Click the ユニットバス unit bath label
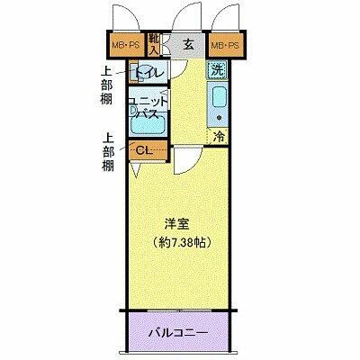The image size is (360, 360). point(147,107)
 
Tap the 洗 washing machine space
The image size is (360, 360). point(219,68)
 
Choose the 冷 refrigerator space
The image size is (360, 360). point(219,137)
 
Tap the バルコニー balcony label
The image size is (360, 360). point(178,334)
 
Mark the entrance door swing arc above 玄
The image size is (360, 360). point(186,16)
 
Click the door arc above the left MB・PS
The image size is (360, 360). point(126,18)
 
